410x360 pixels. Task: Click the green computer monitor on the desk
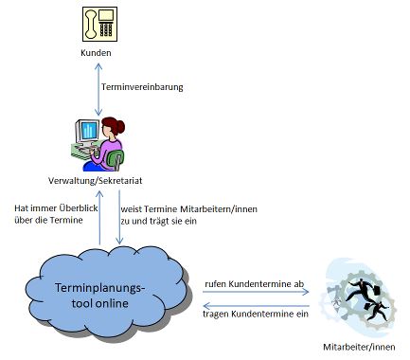click(87, 133)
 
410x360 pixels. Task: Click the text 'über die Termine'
click(50, 220)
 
